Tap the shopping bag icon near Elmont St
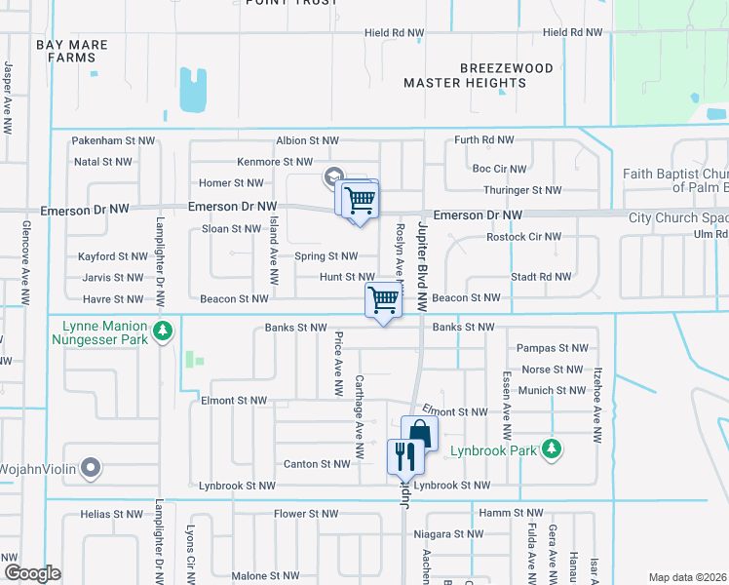click(x=419, y=432)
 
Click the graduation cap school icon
click(x=333, y=176)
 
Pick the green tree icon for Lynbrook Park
click(x=553, y=448)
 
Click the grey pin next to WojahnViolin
click(x=92, y=469)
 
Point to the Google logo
click(x=31, y=573)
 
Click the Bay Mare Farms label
click(x=71, y=52)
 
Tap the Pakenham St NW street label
click(x=113, y=141)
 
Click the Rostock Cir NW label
click(x=523, y=236)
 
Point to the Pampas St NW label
click(x=553, y=348)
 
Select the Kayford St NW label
click(x=112, y=257)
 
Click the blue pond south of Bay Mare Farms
click(x=194, y=89)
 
